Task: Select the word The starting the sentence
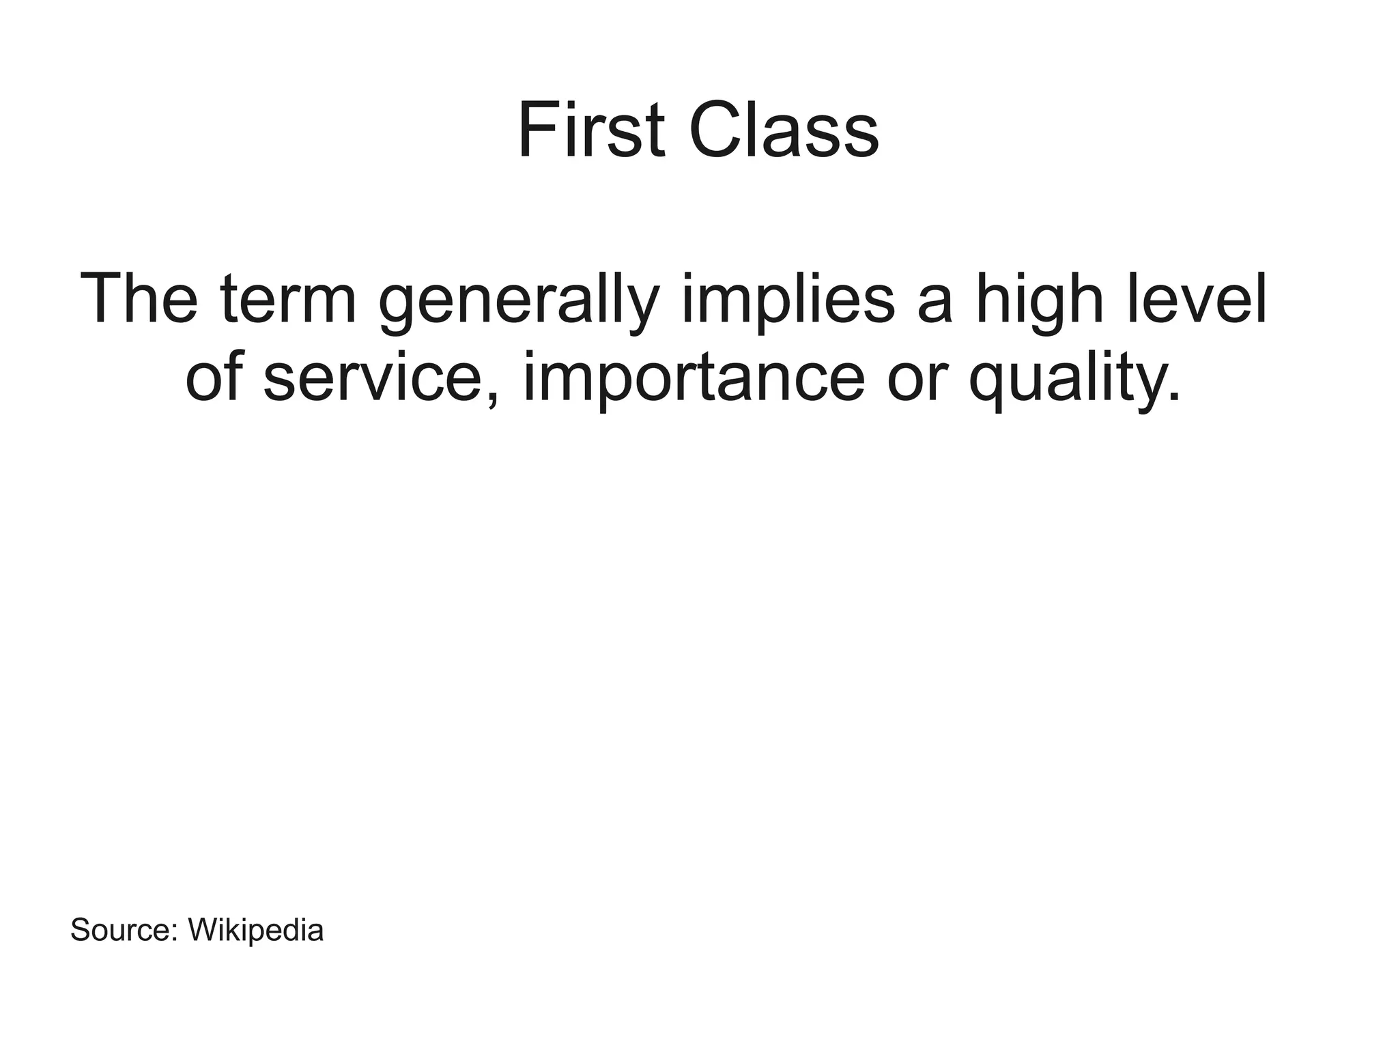coord(139,299)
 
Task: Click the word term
coord(289,299)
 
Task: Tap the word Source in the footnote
coord(120,930)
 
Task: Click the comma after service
coord(494,398)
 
